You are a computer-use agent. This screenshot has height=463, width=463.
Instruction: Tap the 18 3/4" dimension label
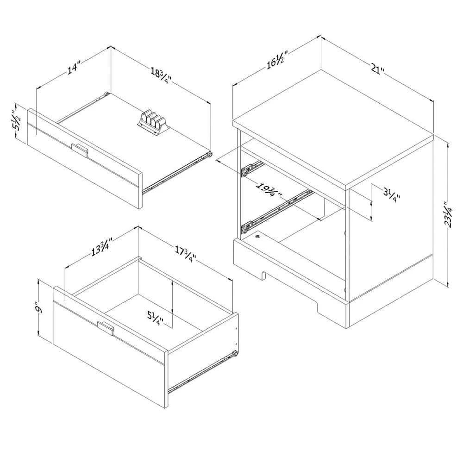161,75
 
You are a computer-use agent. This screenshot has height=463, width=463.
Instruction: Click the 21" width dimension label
377,70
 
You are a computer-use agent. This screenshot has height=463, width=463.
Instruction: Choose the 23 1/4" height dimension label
447,214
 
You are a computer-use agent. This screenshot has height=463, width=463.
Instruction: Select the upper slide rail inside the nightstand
252,168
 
